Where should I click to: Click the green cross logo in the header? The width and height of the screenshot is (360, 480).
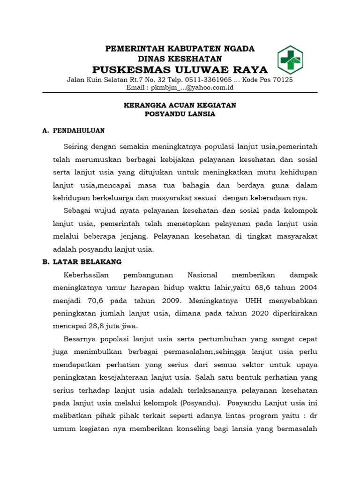tap(290, 60)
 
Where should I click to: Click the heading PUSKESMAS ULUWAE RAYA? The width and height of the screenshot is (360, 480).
tap(180, 70)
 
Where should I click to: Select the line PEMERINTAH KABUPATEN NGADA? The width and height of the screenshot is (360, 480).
tap(180, 49)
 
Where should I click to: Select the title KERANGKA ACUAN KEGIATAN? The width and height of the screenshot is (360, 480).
tap(180, 105)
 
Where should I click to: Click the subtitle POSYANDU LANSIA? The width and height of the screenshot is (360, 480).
tap(180, 114)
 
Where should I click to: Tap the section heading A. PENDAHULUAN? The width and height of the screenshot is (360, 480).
tap(74, 131)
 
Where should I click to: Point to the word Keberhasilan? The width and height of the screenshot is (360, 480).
tap(82, 275)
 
